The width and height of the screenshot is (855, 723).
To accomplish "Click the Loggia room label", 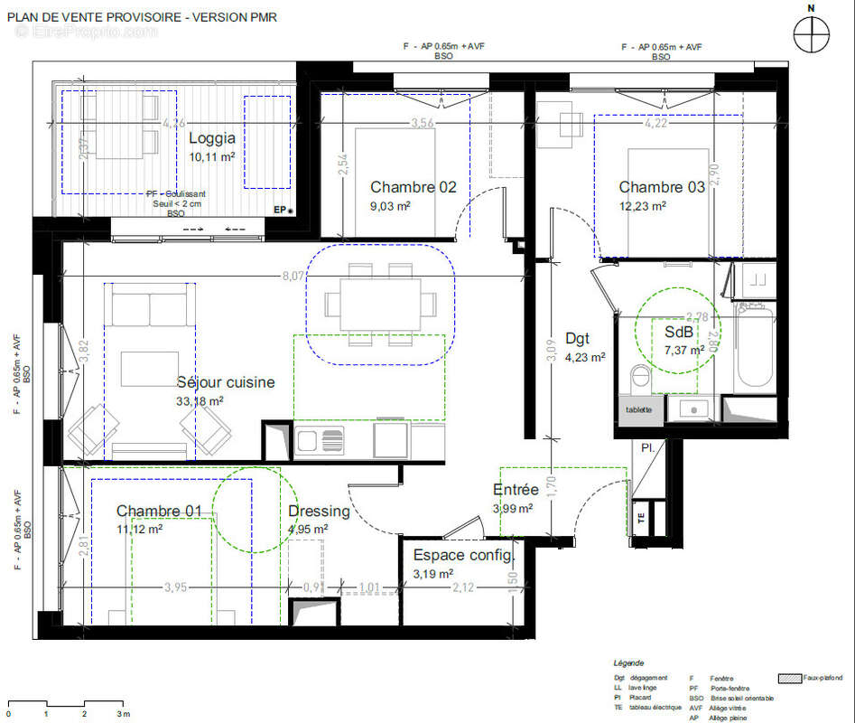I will click(212, 138).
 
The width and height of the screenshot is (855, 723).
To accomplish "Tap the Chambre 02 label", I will click(414, 187).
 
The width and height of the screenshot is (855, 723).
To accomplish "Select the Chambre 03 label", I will click(662, 187).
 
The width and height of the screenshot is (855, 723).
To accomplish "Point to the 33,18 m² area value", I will click(200, 400).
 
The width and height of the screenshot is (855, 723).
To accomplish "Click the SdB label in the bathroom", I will click(679, 332).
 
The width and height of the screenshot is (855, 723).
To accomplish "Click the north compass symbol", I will click(811, 33).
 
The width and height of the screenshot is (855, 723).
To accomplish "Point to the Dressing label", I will click(319, 511).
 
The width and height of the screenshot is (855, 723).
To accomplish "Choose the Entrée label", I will click(516, 490).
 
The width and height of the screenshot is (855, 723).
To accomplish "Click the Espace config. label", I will click(463, 555).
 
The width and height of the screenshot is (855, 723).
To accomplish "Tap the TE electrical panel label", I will click(641, 519).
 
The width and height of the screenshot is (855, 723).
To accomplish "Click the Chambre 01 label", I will click(159, 512).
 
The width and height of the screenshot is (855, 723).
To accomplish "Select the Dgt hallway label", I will click(577, 338).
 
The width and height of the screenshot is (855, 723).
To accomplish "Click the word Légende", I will click(629, 663).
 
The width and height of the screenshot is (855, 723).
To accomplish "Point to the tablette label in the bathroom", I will click(638, 409).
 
